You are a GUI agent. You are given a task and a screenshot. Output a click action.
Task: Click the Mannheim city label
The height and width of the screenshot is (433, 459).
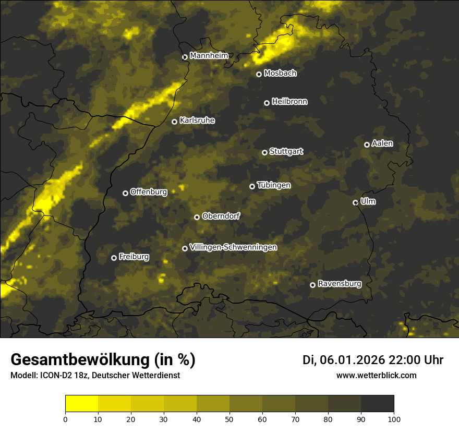pos(209,56)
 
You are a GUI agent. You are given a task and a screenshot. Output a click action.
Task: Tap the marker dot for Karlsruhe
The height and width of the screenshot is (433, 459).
pos(174,122)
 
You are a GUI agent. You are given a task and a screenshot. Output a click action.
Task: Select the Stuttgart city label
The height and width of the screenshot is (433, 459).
pos(286,152)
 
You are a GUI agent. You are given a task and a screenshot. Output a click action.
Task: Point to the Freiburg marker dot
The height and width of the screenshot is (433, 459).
pos(114,258)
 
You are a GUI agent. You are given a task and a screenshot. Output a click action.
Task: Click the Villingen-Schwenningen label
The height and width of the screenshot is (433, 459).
pos(233,247)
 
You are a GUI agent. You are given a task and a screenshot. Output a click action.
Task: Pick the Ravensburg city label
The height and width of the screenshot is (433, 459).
pos(340,284)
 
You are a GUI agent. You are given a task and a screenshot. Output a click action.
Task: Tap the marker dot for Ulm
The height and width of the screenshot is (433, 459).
pos(355,202)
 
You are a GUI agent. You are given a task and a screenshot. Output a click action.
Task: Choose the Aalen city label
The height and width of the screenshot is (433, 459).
pos(382,143)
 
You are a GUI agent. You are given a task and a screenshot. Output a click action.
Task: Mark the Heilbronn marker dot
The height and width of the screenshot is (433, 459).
pos(267,103)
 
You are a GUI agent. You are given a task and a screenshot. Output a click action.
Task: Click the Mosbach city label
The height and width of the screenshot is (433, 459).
pos(280,74)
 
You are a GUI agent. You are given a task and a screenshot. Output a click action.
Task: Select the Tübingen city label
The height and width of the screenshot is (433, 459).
pos(274,185)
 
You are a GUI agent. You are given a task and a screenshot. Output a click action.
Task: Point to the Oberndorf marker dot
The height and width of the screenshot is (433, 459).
pos(197,217)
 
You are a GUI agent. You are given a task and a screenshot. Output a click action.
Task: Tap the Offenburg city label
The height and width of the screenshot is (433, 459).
pos(149,192)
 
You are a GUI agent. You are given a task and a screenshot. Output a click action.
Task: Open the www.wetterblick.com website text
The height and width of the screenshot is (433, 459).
pos(376,375)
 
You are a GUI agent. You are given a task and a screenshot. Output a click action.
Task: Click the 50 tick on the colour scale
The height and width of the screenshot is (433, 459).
pos(229,418)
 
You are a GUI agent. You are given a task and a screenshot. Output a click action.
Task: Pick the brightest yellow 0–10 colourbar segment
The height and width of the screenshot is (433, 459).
pos(82,404)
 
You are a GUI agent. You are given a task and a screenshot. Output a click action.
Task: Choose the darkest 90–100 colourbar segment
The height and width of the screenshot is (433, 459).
pos(377,404)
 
